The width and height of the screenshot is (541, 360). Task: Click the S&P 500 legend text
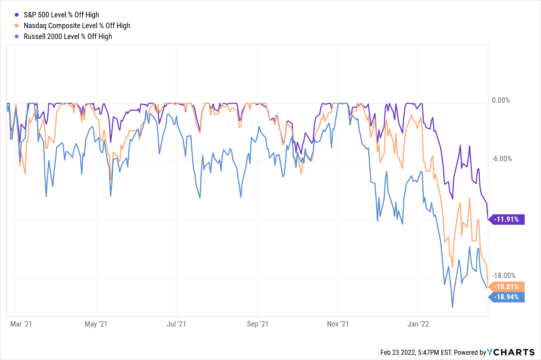tap(61, 15)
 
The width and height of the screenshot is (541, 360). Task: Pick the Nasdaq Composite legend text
tap(77, 26)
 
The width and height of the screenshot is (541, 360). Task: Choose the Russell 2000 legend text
tap(68, 36)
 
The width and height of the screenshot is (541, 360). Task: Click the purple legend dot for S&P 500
tap(17, 15)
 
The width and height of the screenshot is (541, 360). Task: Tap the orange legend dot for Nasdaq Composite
tap(17, 26)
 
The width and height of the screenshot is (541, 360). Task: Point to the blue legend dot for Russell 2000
tap(17, 36)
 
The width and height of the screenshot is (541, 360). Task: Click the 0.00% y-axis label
tap(501, 100)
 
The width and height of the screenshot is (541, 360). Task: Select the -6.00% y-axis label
tap(502, 159)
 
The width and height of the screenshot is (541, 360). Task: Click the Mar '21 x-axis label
tap(21, 324)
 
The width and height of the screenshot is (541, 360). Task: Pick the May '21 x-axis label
tap(96, 324)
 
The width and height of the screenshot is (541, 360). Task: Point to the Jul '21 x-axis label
tap(176, 324)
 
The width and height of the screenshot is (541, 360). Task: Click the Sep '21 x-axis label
tap(257, 324)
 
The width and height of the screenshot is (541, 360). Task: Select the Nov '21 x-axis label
tap(338, 324)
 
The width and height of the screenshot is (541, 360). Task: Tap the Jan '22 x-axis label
tap(418, 324)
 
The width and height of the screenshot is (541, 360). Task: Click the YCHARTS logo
tap(511, 352)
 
